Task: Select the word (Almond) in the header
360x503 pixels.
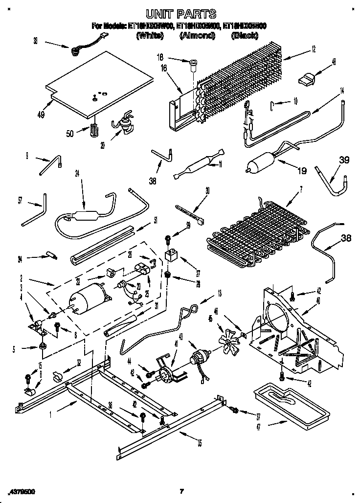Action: (x=198, y=36)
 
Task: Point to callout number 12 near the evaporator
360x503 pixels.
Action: (x=313, y=48)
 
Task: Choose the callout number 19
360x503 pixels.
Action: (x=302, y=171)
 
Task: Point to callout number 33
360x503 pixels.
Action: (x=35, y=41)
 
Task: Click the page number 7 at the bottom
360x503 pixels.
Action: (x=181, y=491)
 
